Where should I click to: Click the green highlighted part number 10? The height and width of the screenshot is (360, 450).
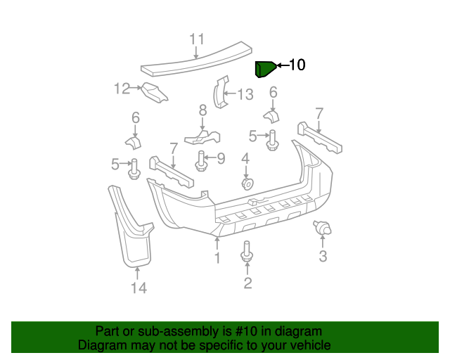[x=264, y=69]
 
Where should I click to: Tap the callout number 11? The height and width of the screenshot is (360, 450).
[x=197, y=39]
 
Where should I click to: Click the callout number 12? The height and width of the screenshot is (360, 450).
[x=123, y=89]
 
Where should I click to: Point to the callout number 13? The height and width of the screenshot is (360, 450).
[x=244, y=94]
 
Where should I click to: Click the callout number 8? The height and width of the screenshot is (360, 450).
[x=202, y=110]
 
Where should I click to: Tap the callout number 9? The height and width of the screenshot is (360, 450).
[x=220, y=159]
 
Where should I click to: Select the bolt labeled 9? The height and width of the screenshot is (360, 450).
[x=201, y=162]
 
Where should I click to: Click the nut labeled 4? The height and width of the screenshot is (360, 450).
[x=246, y=183]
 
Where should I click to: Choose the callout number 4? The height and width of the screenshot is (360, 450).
[x=245, y=160]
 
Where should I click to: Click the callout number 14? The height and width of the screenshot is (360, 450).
[x=138, y=288]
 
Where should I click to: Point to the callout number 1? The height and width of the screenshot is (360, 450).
[x=217, y=258]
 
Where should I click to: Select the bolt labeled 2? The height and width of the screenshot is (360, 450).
[x=247, y=252]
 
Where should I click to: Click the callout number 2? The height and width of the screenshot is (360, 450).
[x=247, y=283]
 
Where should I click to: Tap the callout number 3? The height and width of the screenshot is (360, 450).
[x=323, y=256]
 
